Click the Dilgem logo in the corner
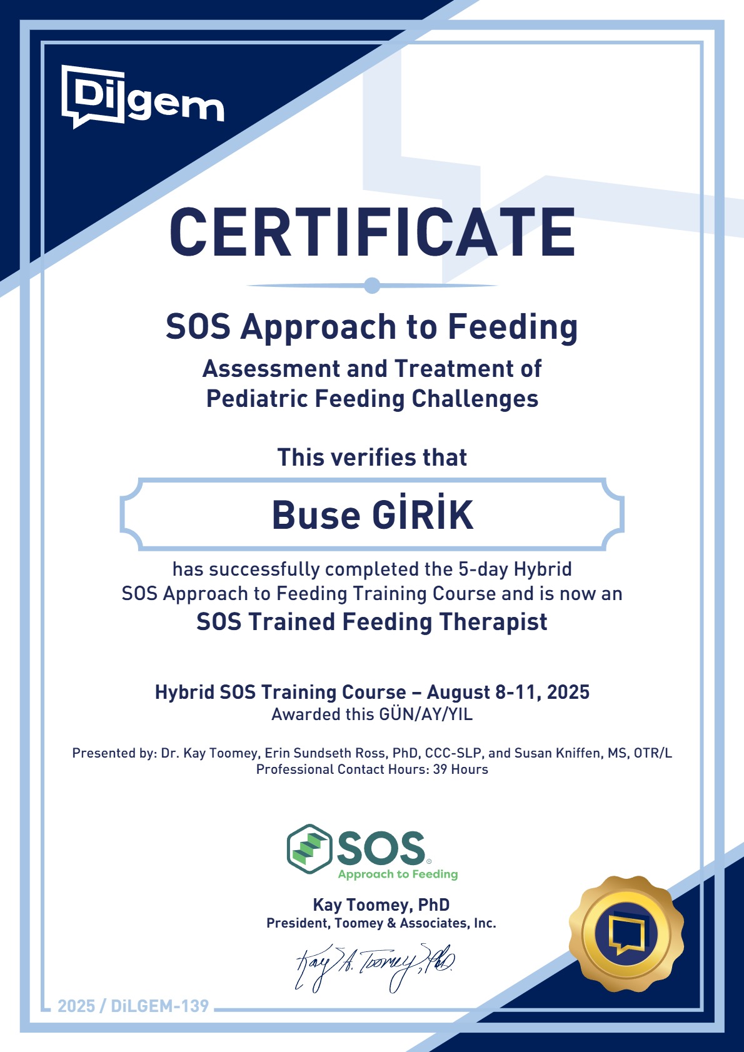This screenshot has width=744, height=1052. (143, 96)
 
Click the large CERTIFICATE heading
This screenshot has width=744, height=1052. (372, 232)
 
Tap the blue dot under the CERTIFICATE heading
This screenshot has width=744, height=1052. (372, 285)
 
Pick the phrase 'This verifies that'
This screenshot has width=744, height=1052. (372, 457)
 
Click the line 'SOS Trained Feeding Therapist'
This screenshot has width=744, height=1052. (372, 622)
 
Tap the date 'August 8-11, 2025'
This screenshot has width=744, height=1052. (508, 692)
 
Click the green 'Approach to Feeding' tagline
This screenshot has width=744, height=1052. (398, 874)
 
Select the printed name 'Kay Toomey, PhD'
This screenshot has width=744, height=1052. (381, 904)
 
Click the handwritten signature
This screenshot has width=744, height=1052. (375, 968)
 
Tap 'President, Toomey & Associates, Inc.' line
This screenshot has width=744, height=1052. (381, 923)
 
